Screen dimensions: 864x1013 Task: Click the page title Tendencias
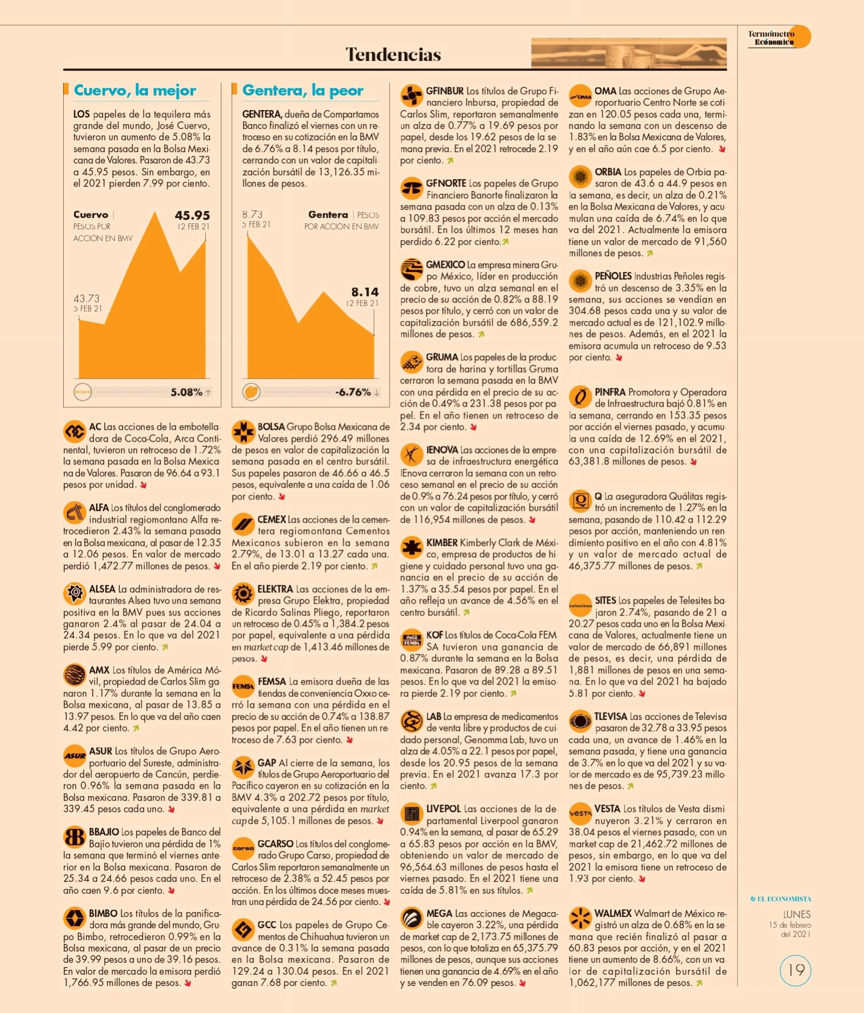[393, 54]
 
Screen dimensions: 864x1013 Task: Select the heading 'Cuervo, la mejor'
[135, 90]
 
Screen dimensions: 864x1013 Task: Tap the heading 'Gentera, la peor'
[303, 90]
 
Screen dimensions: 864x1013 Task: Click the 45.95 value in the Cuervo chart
[192, 215]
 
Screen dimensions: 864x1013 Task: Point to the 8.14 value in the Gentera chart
[365, 292]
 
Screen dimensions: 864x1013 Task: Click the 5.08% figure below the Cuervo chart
[187, 392]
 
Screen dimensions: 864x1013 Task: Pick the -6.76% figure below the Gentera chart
[353, 392]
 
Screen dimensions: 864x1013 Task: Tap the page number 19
[796, 970]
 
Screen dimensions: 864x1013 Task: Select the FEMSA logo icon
[243, 686]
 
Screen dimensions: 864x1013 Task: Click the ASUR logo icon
[74, 756]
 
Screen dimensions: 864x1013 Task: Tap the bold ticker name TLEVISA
[611, 716]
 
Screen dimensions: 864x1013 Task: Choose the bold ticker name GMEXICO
[445, 265]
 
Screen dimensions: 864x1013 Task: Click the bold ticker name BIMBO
[103, 913]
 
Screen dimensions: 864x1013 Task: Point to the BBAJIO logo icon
[74, 837]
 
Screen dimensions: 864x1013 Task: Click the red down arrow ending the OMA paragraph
[722, 149]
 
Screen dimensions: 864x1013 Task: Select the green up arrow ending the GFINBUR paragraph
[450, 161]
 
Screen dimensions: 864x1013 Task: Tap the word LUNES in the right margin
[797, 914]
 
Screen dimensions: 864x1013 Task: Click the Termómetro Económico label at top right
[772, 38]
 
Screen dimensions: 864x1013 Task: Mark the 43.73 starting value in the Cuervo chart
[86, 298]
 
